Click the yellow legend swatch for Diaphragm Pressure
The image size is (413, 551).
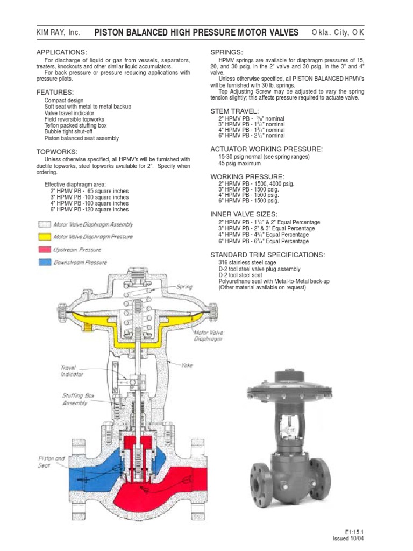click(44, 237)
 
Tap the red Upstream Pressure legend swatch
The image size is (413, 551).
click(44, 250)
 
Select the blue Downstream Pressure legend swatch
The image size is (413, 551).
click(44, 263)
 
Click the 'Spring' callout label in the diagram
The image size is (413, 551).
click(184, 287)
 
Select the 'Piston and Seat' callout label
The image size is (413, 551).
click(51, 462)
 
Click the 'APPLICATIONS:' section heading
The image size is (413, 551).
click(61, 52)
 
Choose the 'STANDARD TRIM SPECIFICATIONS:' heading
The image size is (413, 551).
click(267, 255)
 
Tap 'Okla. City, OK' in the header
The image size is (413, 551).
click(338, 33)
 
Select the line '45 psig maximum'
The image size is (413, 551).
click(239, 163)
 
